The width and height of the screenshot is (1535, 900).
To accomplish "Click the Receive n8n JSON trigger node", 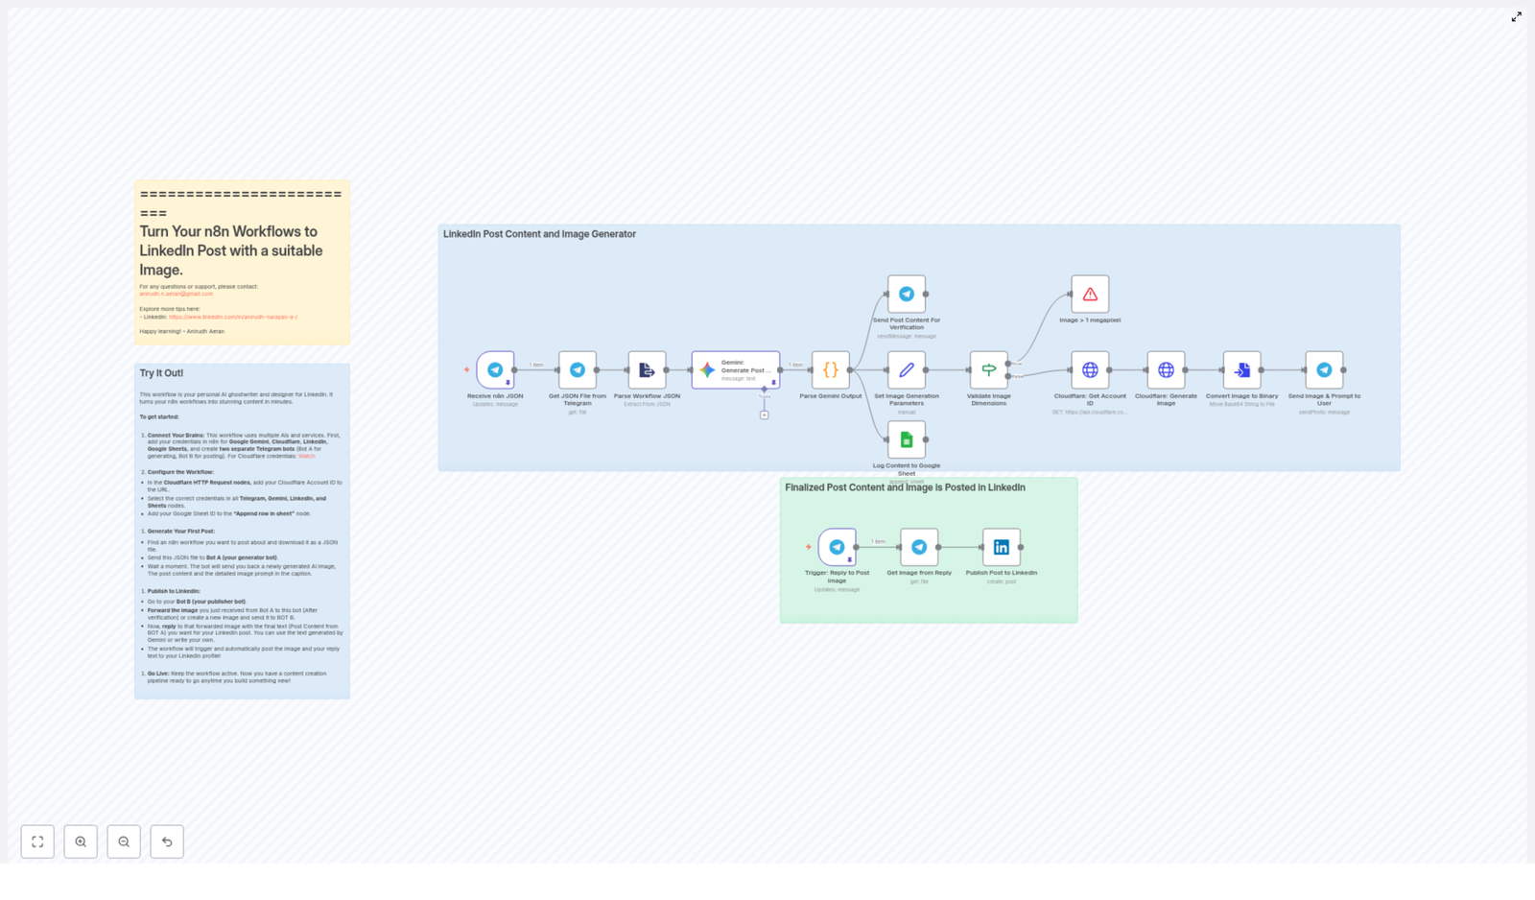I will tap(495, 369).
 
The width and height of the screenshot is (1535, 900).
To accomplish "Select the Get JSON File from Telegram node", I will tap(578, 369).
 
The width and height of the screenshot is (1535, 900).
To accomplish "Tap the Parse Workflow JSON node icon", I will tap(647, 369).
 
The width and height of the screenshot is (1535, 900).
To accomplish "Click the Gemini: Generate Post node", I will tap(735, 369).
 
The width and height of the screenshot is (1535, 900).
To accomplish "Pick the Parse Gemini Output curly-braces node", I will tap(831, 369).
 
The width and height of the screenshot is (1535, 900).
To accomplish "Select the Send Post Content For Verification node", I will tap(907, 294).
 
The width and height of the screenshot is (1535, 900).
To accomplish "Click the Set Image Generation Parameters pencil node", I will tap(907, 369).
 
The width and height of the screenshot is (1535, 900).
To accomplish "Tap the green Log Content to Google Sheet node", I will tap(907, 439).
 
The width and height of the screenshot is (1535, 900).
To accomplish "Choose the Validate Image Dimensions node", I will tap(988, 369).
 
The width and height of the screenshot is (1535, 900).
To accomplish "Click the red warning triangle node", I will tap(1090, 294).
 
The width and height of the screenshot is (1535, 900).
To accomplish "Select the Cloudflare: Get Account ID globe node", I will tap(1090, 369).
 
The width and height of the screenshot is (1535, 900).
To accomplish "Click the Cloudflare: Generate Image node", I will tap(1166, 369).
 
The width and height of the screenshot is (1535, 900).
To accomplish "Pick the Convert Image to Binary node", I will tap(1241, 369).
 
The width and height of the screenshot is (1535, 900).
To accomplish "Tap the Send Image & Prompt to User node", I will tap(1324, 369).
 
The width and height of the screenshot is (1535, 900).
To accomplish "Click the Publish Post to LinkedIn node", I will tap(1001, 547).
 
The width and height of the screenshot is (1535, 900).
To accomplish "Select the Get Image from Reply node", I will tap(919, 547).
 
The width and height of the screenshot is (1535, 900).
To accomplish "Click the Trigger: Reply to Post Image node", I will tap(837, 547).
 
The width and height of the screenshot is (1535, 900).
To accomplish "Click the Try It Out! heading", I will tap(161, 373).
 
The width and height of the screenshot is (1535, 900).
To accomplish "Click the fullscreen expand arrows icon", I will tap(1516, 17).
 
